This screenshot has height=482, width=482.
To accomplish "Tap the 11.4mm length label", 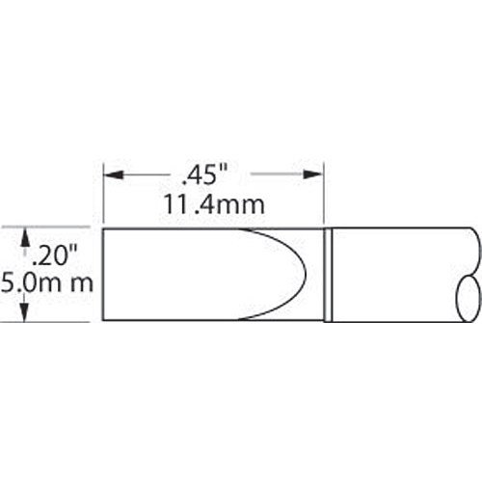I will click(212, 204).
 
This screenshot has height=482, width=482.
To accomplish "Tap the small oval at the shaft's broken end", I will click(464, 292).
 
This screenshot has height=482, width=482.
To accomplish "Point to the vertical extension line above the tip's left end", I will click(102, 193).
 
